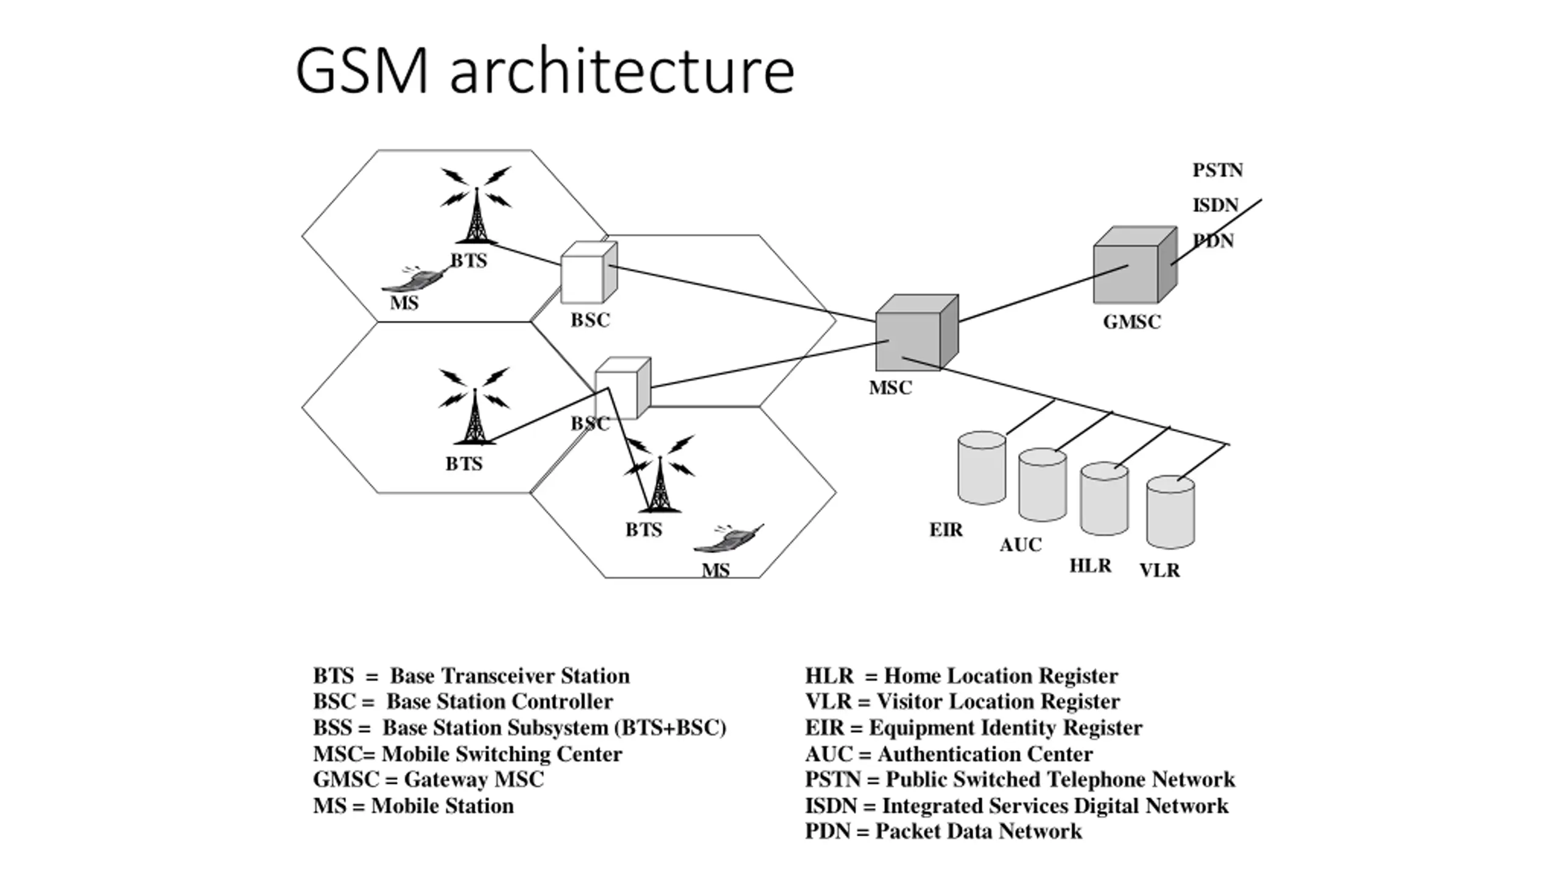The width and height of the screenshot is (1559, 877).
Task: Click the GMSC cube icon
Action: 1135,265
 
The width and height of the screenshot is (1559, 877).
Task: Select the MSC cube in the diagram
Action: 917,333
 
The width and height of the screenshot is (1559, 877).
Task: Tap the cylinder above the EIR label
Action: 982,468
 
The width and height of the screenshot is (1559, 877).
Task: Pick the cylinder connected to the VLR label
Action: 1170,512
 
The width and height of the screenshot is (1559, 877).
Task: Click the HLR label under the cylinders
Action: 1091,566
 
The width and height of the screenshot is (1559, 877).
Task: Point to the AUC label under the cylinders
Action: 1021,544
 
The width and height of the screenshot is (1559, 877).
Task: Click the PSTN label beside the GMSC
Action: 1217,170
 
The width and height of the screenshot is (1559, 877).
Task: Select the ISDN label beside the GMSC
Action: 1216,205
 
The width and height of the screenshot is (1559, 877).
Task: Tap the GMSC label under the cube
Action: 1132,322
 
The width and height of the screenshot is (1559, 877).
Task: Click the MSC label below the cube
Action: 890,387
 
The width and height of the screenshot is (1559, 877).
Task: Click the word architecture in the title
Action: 622,71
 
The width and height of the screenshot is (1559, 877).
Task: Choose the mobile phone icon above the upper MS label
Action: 414,278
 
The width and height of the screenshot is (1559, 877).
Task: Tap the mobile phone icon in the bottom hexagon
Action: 728,538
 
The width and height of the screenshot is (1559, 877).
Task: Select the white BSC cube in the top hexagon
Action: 589,272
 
